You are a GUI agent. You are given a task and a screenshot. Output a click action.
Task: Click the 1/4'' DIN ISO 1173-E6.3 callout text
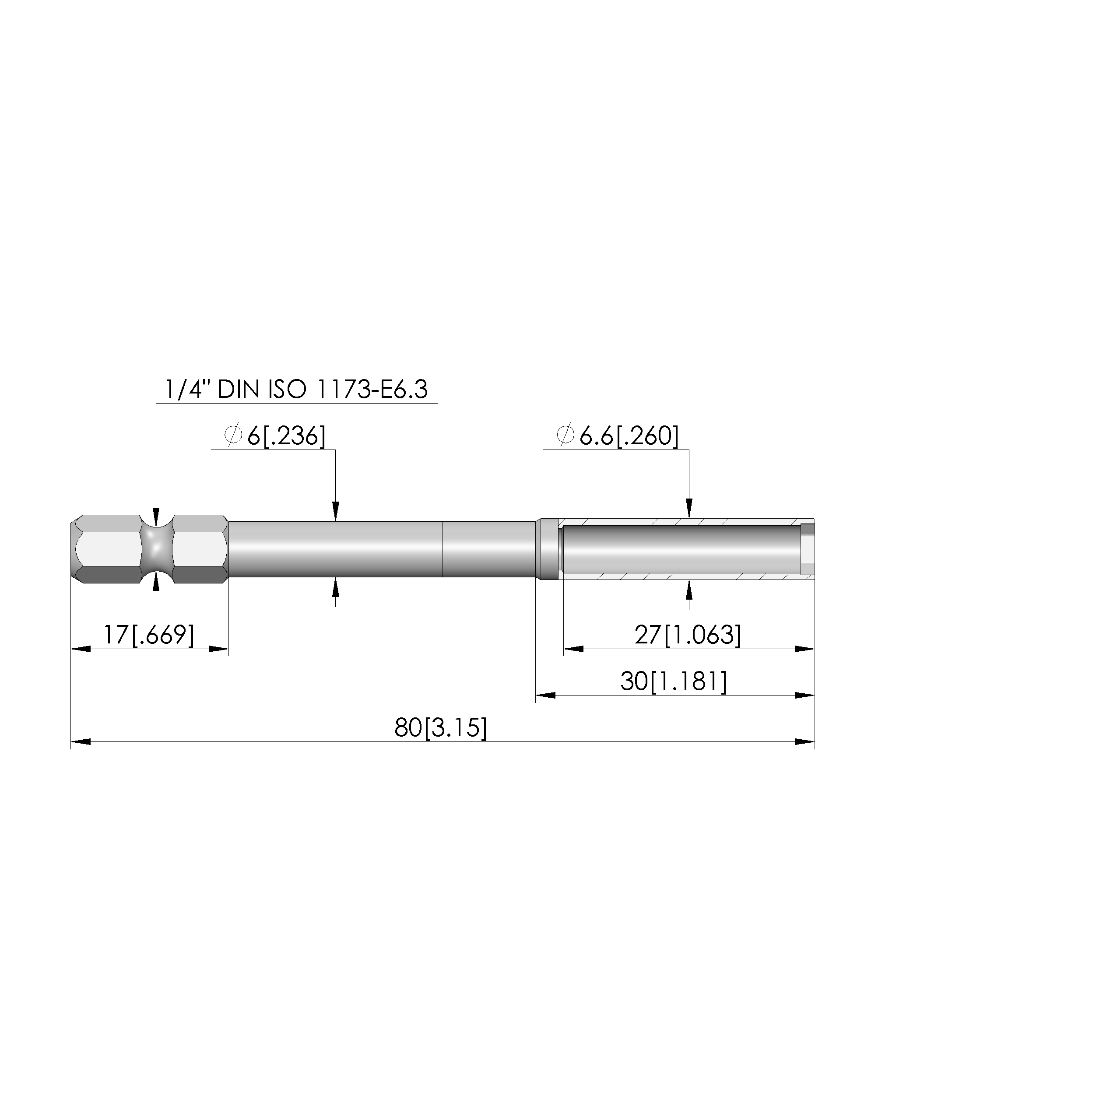(296, 390)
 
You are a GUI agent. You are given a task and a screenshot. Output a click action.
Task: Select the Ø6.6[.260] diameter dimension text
(618, 436)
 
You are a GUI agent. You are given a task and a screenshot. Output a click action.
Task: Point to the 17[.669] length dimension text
(149, 635)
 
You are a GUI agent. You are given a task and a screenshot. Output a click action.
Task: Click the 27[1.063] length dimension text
(688, 635)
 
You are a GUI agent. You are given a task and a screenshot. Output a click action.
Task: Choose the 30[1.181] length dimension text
(673, 681)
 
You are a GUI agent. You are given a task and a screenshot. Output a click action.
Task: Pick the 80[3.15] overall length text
(441, 728)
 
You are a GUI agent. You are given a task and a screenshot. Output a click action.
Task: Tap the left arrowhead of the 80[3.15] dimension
(81, 742)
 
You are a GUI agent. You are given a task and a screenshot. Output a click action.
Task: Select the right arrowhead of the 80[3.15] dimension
(805, 742)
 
